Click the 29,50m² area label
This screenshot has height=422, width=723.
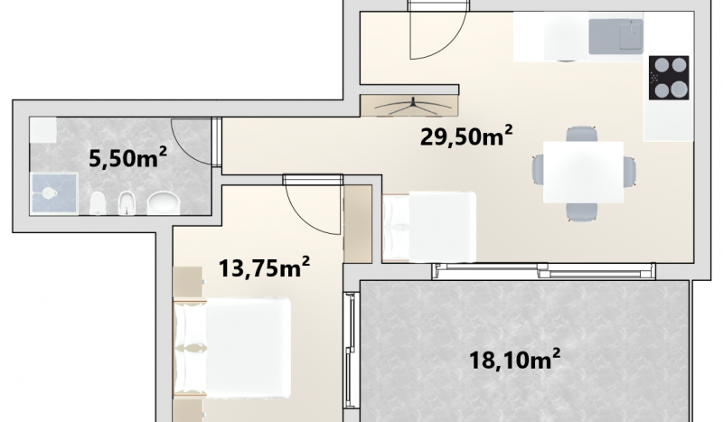point(466,136)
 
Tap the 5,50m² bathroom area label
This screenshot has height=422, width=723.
point(127,158)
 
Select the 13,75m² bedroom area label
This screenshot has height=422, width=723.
point(264,267)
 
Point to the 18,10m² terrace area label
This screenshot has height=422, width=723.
point(514,360)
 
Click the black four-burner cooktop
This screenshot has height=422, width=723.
point(669,78)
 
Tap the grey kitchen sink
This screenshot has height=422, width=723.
point(616,36)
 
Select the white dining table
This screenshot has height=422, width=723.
point(583,172)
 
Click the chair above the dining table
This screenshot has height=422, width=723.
point(582,134)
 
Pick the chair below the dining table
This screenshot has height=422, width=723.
point(582,211)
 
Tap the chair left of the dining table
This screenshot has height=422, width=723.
point(538,171)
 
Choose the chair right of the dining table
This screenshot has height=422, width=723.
point(630,172)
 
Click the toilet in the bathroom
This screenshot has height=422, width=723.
point(98,203)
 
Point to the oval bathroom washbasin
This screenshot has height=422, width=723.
point(164,203)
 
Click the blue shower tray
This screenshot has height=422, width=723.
point(54,193)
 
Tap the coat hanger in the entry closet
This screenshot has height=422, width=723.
point(413,106)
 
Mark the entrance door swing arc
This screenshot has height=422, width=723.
point(449,42)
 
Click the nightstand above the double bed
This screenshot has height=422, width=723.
point(188,282)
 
